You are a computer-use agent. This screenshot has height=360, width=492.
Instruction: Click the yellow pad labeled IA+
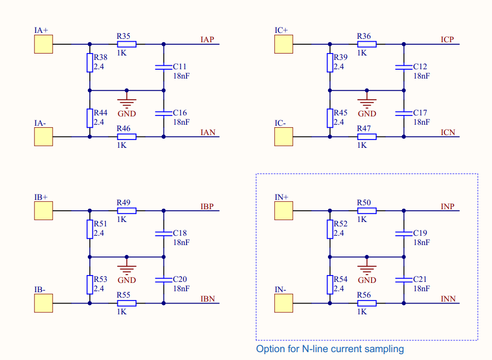[44, 44]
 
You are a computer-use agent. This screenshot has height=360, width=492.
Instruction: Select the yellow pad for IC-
[284, 137]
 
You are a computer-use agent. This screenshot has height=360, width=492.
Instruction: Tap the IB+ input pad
[44, 211]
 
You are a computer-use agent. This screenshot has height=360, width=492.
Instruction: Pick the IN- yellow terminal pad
[284, 303]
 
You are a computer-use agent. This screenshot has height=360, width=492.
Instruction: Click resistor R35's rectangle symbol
[127, 44]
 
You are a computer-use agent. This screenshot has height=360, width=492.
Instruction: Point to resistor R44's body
[90, 118]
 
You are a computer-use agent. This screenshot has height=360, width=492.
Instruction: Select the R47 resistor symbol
[367, 137]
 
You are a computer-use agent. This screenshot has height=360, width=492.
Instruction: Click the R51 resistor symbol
[90, 229]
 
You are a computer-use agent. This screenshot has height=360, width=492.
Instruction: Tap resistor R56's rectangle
[367, 303]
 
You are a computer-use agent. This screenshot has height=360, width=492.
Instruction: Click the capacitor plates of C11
[164, 67]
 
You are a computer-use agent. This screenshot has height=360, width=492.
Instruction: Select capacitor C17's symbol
[404, 113]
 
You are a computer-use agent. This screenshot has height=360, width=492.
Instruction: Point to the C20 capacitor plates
[164, 279]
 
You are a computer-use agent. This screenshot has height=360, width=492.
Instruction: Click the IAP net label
[207, 40]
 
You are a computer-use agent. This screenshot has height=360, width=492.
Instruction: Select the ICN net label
[448, 133]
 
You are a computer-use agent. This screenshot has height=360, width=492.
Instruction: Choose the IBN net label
[208, 299]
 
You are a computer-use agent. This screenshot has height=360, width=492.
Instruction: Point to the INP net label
[447, 207]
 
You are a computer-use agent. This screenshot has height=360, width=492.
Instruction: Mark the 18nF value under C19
[421, 242]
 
